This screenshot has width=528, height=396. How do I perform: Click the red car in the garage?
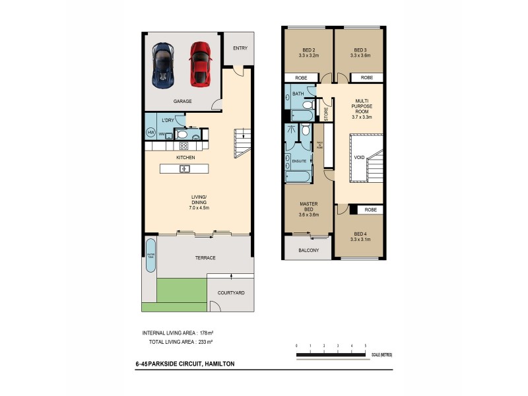[199, 64]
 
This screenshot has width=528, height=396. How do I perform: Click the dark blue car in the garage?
[162, 65]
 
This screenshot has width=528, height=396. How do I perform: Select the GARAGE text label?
[182, 102]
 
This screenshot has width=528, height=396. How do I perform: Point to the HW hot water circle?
[150, 134]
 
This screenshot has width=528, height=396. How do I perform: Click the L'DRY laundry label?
[168, 120]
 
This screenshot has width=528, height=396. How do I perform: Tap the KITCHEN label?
[185, 158]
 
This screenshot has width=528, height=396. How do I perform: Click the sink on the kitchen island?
[185, 169]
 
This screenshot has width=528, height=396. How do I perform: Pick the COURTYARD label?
[231, 292]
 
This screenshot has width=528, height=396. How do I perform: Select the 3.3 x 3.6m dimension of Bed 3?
[360, 56]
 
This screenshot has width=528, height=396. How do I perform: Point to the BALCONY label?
[308, 250]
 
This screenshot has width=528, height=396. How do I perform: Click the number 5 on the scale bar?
[365, 345]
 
